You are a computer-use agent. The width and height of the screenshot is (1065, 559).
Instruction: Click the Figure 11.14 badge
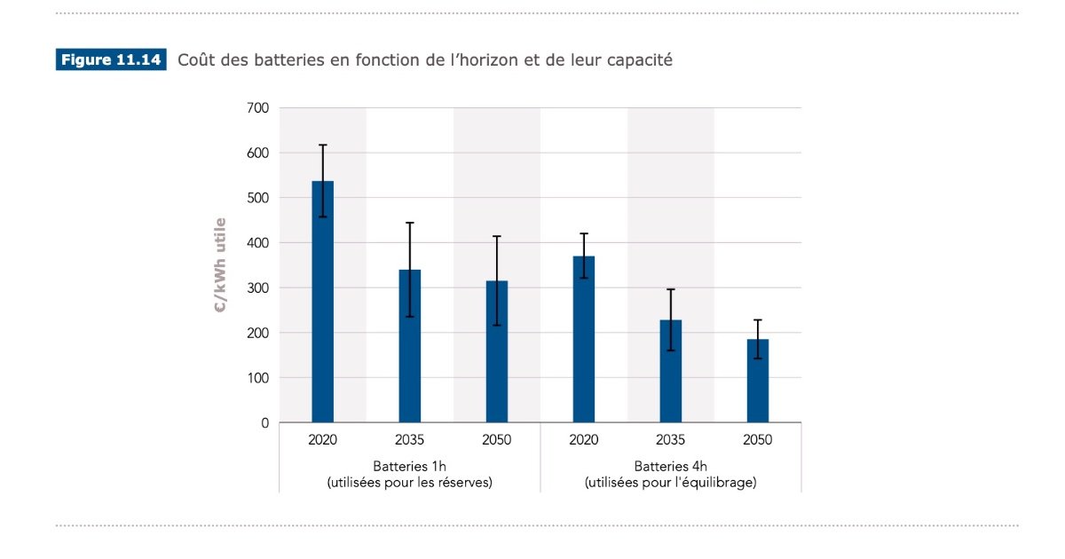(111, 60)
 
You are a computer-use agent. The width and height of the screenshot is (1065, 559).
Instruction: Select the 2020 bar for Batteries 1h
(322, 302)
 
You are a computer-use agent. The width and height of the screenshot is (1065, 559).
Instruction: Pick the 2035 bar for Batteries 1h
(409, 346)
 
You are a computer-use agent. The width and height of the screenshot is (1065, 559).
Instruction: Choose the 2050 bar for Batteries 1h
(496, 351)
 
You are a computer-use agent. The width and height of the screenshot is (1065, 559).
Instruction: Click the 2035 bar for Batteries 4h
(670, 371)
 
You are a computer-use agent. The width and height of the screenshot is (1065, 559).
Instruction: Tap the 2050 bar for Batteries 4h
(757, 381)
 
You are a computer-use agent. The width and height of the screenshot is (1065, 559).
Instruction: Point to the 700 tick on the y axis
(258, 108)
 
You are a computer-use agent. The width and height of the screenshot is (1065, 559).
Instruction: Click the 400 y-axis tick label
(258, 243)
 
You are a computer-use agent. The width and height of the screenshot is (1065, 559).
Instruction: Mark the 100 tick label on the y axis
(258, 378)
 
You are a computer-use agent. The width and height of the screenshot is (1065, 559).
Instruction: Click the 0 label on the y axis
(264, 423)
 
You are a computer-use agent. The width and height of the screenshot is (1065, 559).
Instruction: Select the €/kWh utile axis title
(220, 264)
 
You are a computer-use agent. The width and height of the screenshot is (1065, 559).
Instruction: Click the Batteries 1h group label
(409, 467)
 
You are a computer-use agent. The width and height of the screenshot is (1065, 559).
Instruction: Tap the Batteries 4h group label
(670, 467)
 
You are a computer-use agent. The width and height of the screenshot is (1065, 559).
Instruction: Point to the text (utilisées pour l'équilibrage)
(670, 484)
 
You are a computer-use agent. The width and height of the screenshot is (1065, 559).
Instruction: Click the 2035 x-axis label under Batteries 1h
(409, 440)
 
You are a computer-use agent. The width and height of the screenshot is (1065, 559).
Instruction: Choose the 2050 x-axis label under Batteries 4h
(757, 440)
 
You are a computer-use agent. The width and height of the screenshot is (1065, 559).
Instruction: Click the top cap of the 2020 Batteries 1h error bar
(322, 145)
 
